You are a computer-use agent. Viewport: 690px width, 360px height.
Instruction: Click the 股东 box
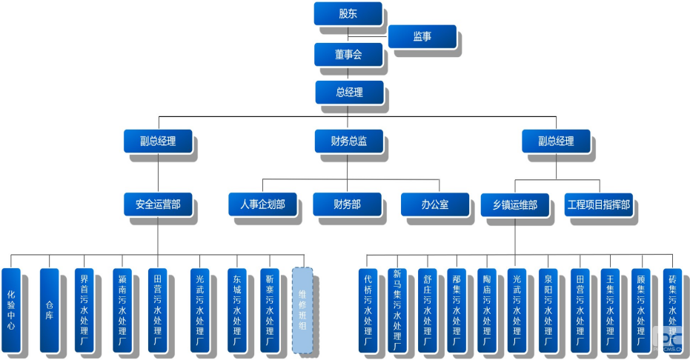[348, 13]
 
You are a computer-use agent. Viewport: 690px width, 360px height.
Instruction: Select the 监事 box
[422, 36]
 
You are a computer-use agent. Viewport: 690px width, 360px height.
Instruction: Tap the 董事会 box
[348, 54]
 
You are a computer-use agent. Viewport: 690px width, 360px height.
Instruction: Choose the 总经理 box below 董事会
[349, 93]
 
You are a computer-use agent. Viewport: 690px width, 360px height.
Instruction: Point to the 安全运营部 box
[157, 204]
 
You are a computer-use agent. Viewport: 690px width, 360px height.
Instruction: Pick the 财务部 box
[347, 204]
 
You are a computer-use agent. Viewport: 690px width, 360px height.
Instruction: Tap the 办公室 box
[435, 204]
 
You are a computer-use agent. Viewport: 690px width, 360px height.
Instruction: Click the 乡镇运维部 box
[515, 204]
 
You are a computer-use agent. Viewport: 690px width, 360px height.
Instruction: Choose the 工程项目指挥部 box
[598, 204]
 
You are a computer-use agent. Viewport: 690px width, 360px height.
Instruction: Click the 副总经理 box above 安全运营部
[157, 141]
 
